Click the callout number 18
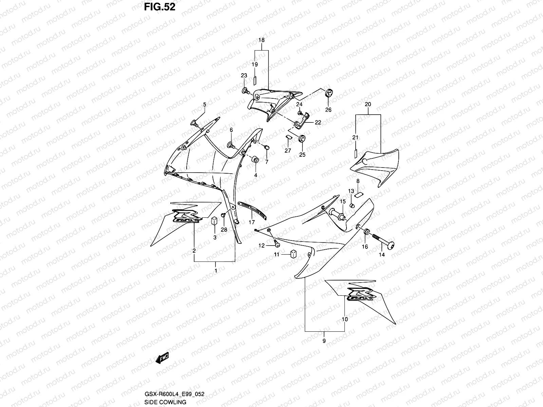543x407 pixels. (261, 40)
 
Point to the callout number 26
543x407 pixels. (328, 110)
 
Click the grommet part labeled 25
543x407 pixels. (301, 139)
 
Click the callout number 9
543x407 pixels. (324, 341)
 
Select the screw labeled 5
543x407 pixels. (195, 122)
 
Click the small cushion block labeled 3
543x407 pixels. (214, 221)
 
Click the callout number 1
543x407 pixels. (216, 271)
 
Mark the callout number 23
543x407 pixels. (244, 75)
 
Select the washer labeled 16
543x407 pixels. (367, 232)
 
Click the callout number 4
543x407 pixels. (256, 175)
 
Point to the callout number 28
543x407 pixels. (224, 230)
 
